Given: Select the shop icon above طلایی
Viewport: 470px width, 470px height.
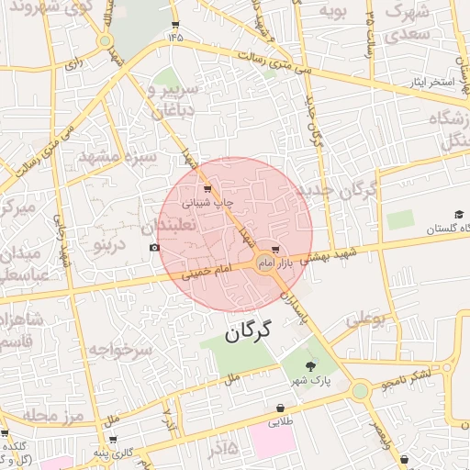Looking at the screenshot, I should [x=279, y=408].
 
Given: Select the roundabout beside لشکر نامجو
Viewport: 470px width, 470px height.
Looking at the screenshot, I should [x=360, y=391].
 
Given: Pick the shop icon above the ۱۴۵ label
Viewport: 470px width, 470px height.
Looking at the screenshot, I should [x=174, y=24].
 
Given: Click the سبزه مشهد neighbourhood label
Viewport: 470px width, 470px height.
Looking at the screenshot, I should [x=118, y=156].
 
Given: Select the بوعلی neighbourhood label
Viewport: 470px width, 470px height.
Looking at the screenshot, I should [x=364, y=319].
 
